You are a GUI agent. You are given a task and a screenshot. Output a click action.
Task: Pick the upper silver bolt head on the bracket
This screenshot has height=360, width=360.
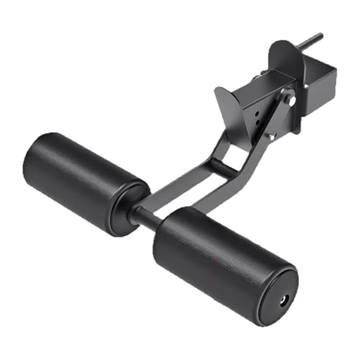(289, 99)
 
